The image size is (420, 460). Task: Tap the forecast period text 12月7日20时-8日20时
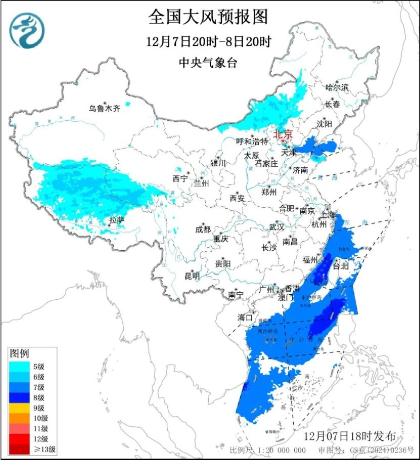208,42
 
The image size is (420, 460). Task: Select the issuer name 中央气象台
208,63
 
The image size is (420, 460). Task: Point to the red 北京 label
283,134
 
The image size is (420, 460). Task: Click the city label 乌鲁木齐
105,108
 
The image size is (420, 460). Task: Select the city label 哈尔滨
337,87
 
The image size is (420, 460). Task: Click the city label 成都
203,229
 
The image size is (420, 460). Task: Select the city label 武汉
276,227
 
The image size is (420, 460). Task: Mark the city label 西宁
179,178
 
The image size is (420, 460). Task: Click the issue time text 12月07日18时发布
353,436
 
